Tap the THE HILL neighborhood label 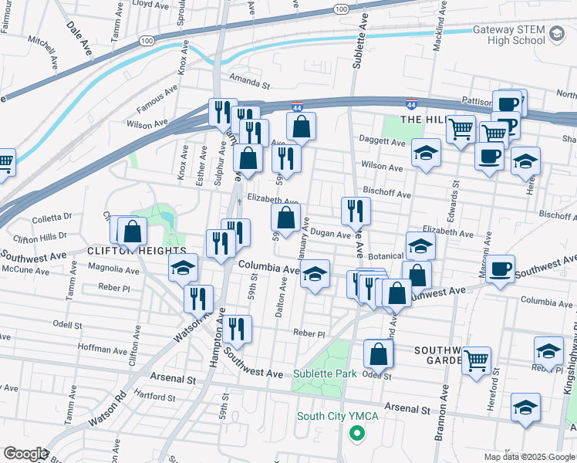pyautogui.click(x=423, y=120)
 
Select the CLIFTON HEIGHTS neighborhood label pyautogui.click(x=137, y=251)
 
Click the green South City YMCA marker pyautogui.click(x=356, y=434)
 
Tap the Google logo pyautogui.click(x=25, y=453)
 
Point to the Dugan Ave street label pyautogui.click(x=332, y=234)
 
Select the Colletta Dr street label pyautogui.click(x=52, y=217)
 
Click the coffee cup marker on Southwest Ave pyautogui.click(x=500, y=269)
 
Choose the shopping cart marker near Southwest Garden pyautogui.click(x=476, y=359)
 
